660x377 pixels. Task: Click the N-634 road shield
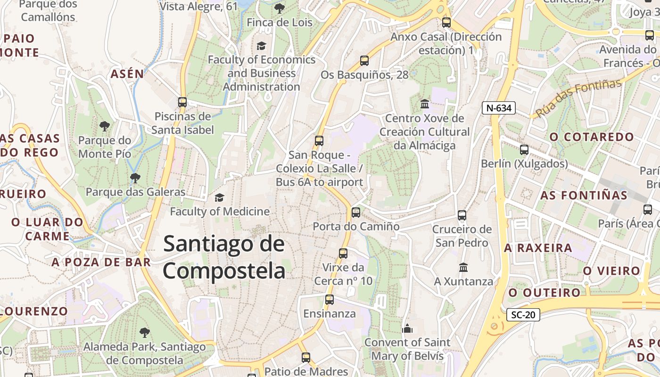coord(499,108)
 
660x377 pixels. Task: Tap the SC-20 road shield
coord(523,314)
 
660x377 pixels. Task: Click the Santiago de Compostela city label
coord(224,258)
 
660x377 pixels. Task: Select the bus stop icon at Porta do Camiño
coord(356,213)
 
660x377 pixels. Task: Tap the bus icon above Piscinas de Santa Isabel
coord(182,102)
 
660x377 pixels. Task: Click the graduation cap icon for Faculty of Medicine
coord(219,197)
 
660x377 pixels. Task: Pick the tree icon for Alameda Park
coord(144,333)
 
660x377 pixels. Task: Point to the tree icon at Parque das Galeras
coord(135,178)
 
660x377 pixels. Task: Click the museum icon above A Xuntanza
coord(463,267)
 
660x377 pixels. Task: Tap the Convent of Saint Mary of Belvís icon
coord(407,328)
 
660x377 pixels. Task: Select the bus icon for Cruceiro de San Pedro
coord(462,215)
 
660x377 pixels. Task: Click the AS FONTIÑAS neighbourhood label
coord(584,195)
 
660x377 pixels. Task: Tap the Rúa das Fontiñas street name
coord(579,98)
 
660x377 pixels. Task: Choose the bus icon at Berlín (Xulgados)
coord(524,150)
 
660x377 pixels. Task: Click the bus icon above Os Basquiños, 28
coord(364,61)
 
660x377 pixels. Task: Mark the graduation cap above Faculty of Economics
coord(261,46)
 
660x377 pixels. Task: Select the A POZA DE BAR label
coord(101,262)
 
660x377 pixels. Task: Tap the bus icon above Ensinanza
coord(330,300)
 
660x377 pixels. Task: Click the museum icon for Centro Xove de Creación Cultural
coord(425,104)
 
